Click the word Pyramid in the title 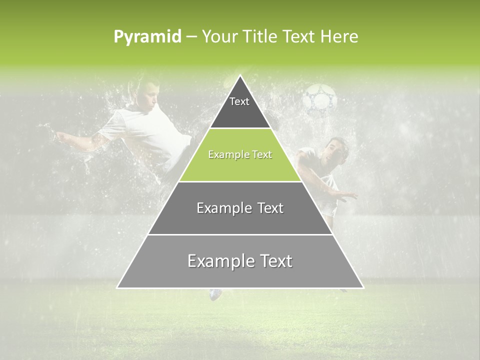(147, 37)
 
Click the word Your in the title (218, 36)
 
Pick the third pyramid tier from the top (240, 208)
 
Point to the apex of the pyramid (240, 76)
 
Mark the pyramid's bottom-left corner (118, 287)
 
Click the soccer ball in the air (320, 98)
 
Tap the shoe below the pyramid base (216, 294)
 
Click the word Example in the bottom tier (216, 261)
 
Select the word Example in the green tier (224, 155)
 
